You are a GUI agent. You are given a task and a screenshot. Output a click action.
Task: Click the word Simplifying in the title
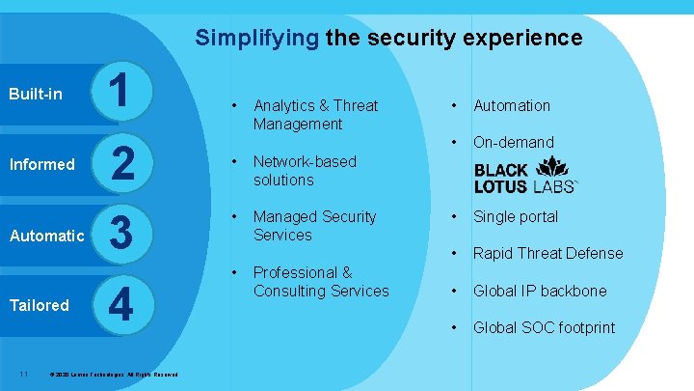[256, 39]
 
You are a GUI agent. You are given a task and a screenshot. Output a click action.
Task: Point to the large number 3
[121, 235]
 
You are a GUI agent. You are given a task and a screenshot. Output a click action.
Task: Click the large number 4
[120, 305]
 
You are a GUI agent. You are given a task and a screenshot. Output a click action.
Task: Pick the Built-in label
[36, 94]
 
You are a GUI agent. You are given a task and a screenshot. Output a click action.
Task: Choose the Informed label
[41, 164]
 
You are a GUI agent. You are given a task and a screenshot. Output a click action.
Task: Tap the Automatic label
[46, 235]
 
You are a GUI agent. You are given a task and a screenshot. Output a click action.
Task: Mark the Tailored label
[39, 305]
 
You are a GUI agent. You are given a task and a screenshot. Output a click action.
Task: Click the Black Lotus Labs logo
[525, 178]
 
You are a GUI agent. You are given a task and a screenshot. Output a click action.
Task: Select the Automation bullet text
[511, 105]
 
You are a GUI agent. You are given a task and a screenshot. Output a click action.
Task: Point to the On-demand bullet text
[513, 142]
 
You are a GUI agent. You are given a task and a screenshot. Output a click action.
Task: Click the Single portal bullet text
[515, 216]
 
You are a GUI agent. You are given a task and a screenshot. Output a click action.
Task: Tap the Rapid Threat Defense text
[547, 253]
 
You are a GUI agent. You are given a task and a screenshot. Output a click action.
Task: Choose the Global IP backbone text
[540, 291]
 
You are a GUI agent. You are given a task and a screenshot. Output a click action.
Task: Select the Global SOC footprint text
[544, 327]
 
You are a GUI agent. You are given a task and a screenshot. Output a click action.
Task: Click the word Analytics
[284, 105]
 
